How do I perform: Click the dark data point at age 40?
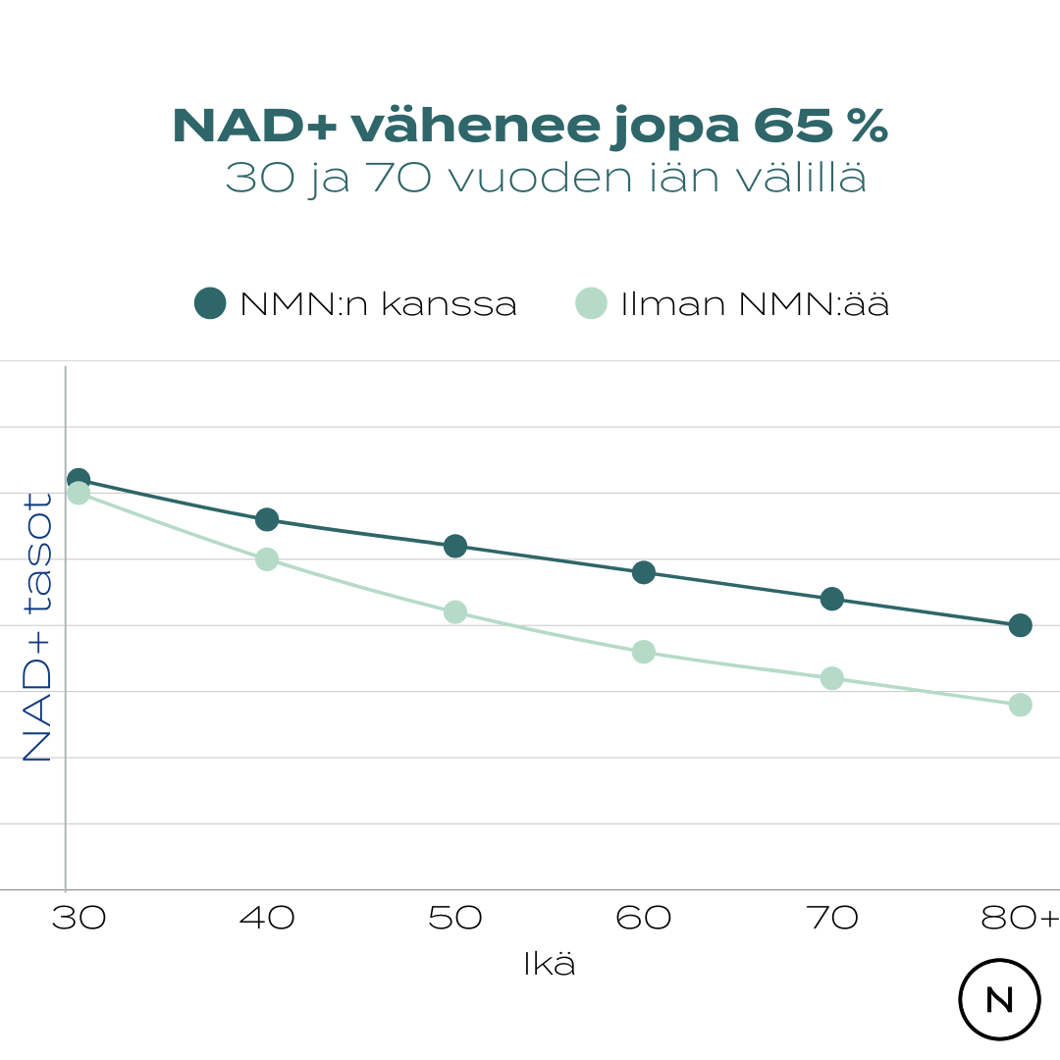[267, 519]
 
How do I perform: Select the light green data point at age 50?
[455, 611]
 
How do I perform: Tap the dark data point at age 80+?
[1020, 625]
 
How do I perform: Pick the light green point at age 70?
[832, 678]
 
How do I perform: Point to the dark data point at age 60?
[644, 572]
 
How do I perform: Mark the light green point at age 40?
[267, 559]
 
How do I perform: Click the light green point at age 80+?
[1020, 705]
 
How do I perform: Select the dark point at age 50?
[455, 546]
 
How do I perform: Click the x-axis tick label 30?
[79, 919]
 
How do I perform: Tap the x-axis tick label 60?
[644, 919]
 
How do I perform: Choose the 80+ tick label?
[1020, 919]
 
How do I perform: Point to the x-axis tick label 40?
[267, 919]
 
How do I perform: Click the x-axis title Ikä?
[550, 965]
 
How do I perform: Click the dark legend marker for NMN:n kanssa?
[210, 304]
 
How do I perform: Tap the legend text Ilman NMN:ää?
[755, 304]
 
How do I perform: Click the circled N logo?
[999, 999]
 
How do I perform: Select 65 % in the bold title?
[821, 127]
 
